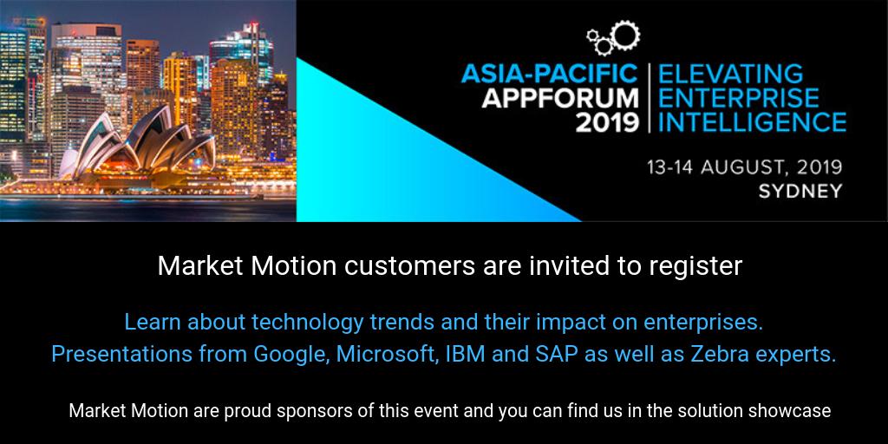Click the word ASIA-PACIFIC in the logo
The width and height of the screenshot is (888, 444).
[549, 74]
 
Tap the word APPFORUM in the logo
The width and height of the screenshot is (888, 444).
[560, 97]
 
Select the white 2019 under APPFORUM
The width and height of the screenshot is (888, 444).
[606, 121]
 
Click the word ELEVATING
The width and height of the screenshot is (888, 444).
[729, 74]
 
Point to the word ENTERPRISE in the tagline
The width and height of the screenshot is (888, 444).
[738, 97]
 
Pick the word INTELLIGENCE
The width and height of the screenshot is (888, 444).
[752, 121]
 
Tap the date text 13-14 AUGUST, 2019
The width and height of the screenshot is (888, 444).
[743, 166]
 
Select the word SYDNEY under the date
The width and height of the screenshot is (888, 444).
[800, 192]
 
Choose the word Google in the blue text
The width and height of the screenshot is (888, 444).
[290, 354]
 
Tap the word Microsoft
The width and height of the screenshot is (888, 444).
[384, 354]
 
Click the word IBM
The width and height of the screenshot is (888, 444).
[457, 354]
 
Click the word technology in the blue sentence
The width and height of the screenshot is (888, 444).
[307, 323]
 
